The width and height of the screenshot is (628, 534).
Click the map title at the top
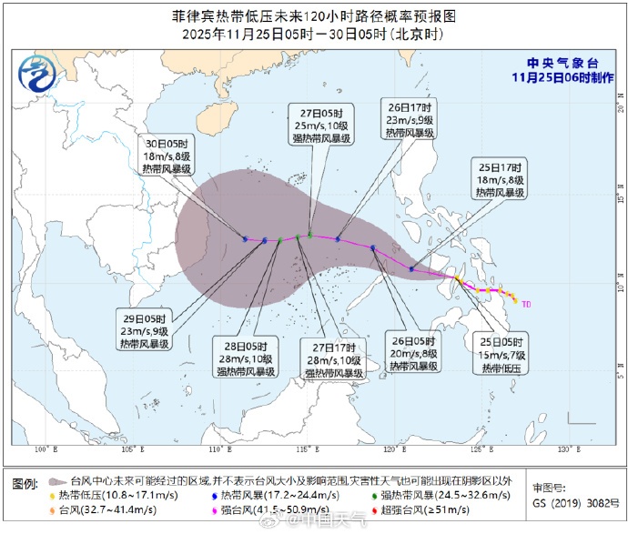pos(313,17)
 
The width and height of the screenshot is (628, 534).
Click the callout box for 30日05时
pos(169,156)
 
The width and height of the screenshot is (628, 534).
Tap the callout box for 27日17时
pos(334,359)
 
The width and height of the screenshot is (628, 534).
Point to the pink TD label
pos(527,302)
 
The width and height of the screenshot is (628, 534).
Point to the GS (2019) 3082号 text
pos(571,501)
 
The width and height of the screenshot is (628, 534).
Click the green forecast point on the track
pos(310,236)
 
